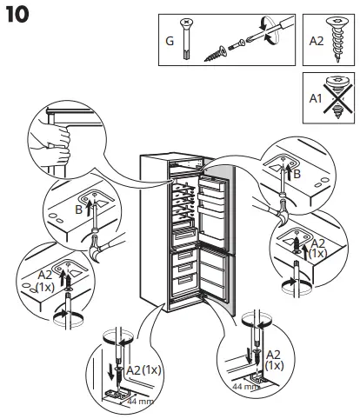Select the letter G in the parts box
pyautogui.click(x=170, y=41)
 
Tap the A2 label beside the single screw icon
pyautogui.click(x=315, y=40)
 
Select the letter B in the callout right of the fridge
pyautogui.click(x=297, y=173)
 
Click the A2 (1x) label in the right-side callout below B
pyautogui.click(x=318, y=247)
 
